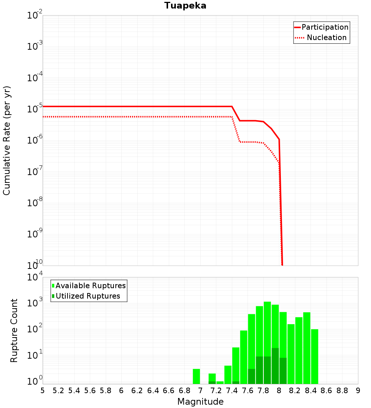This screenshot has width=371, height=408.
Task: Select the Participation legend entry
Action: tap(325, 27)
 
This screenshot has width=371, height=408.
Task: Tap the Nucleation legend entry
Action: tap(326, 37)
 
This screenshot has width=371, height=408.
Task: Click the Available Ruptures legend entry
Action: tap(91, 286)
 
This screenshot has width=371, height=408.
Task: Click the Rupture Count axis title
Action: tap(14, 330)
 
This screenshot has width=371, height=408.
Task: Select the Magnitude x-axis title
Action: tap(200, 402)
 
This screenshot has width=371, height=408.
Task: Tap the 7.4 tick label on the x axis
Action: tap(232, 391)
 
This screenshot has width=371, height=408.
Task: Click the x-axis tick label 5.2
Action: tap(58, 391)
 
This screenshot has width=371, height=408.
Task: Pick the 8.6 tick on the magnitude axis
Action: tap(326, 391)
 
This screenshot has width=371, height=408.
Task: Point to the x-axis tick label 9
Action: tap(358, 391)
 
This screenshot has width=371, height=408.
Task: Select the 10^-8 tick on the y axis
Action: tap(35, 203)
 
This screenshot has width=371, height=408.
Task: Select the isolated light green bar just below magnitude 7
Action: tap(196, 376)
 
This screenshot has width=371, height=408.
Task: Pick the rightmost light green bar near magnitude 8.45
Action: tap(315, 356)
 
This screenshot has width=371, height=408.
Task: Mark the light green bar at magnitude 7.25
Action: tap(220, 382)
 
